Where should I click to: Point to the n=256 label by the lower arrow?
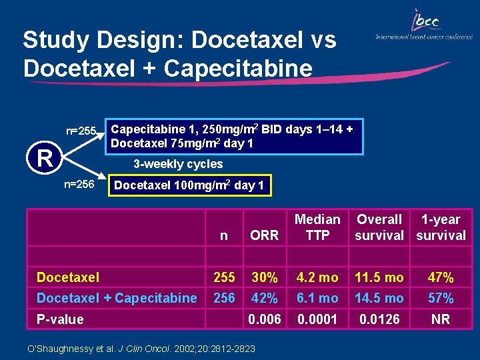79,184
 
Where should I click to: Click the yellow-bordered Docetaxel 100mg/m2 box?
189,185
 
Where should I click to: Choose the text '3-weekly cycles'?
178,164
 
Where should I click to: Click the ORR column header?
264,235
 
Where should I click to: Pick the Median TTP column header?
317,227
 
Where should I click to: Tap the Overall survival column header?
379,227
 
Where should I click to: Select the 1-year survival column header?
441,227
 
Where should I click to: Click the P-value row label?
60,319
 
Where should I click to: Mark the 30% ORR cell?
264,277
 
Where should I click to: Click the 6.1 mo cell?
317,298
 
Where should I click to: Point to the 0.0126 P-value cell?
379,319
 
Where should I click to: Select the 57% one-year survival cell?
441,298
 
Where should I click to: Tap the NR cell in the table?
441,319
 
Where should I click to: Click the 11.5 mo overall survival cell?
379,277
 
